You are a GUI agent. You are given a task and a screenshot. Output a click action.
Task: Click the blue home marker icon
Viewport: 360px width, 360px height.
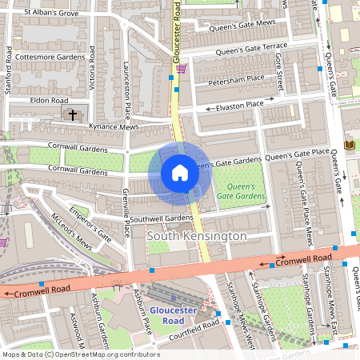180,172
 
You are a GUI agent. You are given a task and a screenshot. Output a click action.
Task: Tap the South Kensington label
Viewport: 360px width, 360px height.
197,237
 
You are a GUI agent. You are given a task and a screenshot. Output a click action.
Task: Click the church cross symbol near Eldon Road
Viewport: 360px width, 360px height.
73,115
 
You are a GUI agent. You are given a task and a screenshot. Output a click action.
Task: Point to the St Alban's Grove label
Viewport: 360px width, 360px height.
51,13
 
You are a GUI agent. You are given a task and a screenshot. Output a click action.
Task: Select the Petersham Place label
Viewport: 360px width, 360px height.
236,80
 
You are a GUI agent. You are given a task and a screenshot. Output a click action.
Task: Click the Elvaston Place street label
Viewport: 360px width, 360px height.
240,105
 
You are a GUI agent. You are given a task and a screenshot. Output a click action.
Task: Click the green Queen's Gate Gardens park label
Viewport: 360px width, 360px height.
240,190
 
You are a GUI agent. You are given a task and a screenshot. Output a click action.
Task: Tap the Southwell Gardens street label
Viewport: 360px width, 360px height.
161,218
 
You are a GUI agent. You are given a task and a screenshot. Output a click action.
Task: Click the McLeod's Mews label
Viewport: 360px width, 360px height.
71,232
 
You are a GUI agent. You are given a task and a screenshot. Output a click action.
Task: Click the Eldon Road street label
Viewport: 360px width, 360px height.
50,101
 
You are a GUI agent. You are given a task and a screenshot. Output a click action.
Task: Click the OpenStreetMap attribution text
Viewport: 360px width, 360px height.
80,354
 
